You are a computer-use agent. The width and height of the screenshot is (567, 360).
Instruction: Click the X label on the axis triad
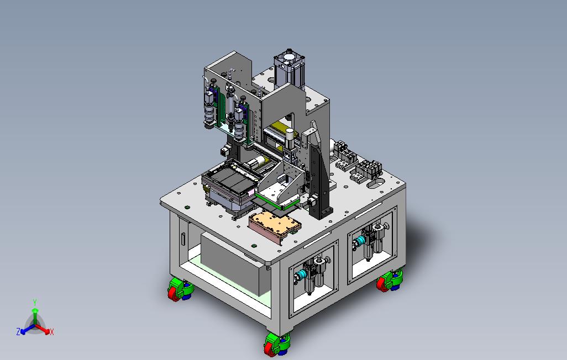tap(52, 332)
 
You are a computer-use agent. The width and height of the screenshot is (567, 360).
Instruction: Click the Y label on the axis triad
tap(35, 303)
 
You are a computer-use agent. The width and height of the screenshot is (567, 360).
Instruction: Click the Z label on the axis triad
tap(18, 331)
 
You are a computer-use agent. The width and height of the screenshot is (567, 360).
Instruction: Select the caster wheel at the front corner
tap(277, 345)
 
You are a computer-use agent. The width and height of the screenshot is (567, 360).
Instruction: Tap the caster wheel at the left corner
tap(181, 289)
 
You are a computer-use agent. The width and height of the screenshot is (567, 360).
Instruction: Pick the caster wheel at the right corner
tap(389, 280)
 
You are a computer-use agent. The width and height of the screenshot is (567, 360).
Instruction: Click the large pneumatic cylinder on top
tap(289, 70)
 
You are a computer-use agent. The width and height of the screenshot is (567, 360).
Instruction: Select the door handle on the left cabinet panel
tap(183, 239)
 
